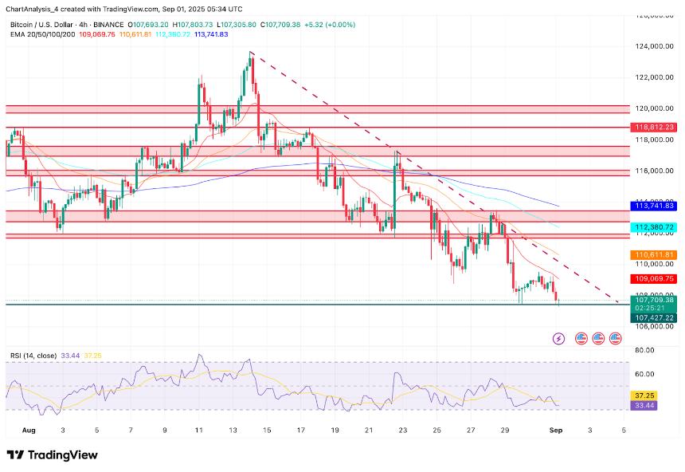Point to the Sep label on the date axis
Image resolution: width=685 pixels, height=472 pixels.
(x=557, y=430)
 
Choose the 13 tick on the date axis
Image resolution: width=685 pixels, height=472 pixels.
(x=233, y=430)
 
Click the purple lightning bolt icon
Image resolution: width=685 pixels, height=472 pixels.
(x=558, y=339)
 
